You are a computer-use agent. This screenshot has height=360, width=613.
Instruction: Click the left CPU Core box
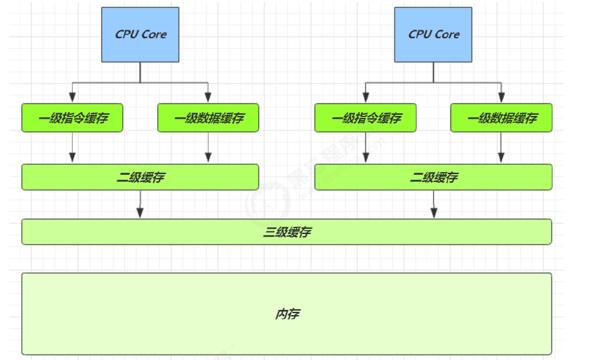(140, 34)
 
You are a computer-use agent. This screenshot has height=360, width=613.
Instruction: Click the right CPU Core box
(434, 34)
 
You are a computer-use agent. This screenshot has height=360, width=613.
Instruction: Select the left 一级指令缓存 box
(72, 118)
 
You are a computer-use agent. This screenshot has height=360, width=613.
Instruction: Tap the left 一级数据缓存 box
(208, 118)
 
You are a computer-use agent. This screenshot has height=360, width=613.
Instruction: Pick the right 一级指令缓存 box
(366, 118)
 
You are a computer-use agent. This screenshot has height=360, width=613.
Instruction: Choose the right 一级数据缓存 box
(501, 118)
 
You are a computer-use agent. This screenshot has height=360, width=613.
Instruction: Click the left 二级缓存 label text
(140, 177)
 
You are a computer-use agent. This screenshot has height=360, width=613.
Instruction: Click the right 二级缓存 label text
(434, 177)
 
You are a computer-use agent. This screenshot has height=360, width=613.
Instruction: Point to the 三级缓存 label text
(287, 232)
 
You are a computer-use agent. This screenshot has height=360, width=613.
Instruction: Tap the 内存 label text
(287, 314)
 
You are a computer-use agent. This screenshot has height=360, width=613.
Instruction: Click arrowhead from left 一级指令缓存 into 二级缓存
(73, 158)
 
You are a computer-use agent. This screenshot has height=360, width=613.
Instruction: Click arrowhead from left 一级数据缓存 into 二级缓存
(208, 158)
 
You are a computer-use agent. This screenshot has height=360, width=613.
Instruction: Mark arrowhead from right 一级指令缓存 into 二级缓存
(366, 158)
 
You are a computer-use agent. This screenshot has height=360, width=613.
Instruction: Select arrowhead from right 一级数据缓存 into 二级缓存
(501, 158)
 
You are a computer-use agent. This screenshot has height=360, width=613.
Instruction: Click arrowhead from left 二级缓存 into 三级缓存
(140, 213)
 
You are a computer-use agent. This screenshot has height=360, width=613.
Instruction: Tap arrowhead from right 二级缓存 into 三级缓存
(434, 213)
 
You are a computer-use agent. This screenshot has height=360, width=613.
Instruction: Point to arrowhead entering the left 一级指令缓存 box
(73, 98)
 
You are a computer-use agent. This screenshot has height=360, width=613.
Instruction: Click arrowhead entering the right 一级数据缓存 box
(501, 98)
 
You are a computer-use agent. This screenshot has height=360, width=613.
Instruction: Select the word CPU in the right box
(420, 34)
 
